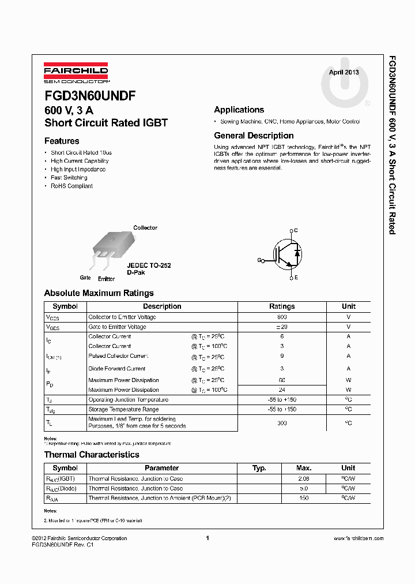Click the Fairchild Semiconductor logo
(76, 73)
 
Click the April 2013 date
(344, 72)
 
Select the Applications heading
(239, 110)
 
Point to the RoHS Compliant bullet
(71, 186)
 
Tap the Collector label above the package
(145, 227)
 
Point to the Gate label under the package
(85, 278)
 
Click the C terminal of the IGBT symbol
(296, 230)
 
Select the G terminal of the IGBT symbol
(259, 260)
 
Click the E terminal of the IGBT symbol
(296, 278)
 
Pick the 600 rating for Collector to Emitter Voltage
(282, 317)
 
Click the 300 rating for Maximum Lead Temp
(282, 423)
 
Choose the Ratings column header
(282, 306)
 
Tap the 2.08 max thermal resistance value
(304, 478)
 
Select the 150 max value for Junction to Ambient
(304, 497)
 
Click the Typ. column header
(259, 468)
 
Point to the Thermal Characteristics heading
(92, 455)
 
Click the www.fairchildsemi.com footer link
(358, 538)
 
